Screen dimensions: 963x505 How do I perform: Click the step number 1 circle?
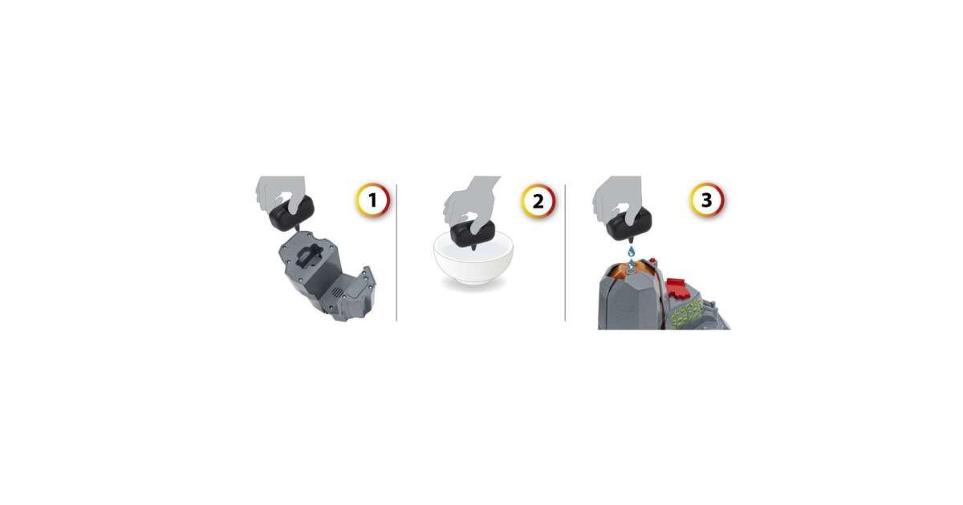(372, 200)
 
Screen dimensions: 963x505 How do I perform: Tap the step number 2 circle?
(538, 201)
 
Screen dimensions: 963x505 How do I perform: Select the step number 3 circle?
(707, 200)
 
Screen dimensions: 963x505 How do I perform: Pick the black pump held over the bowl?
(473, 234)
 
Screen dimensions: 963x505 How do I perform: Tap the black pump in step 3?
(628, 224)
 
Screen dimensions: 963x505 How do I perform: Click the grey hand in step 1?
(282, 194)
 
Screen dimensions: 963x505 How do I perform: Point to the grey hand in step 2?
(471, 202)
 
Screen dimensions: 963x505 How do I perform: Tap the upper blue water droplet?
(631, 251)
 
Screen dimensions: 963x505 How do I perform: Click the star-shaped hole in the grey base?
(311, 256)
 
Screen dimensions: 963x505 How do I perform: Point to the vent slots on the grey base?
(339, 293)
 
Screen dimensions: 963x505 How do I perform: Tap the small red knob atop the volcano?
(652, 261)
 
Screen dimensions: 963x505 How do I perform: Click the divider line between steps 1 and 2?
(396, 252)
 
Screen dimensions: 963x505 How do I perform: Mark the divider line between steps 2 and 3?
(565, 252)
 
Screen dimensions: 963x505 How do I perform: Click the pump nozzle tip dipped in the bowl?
(473, 248)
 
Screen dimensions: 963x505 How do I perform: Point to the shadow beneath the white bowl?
(473, 286)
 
